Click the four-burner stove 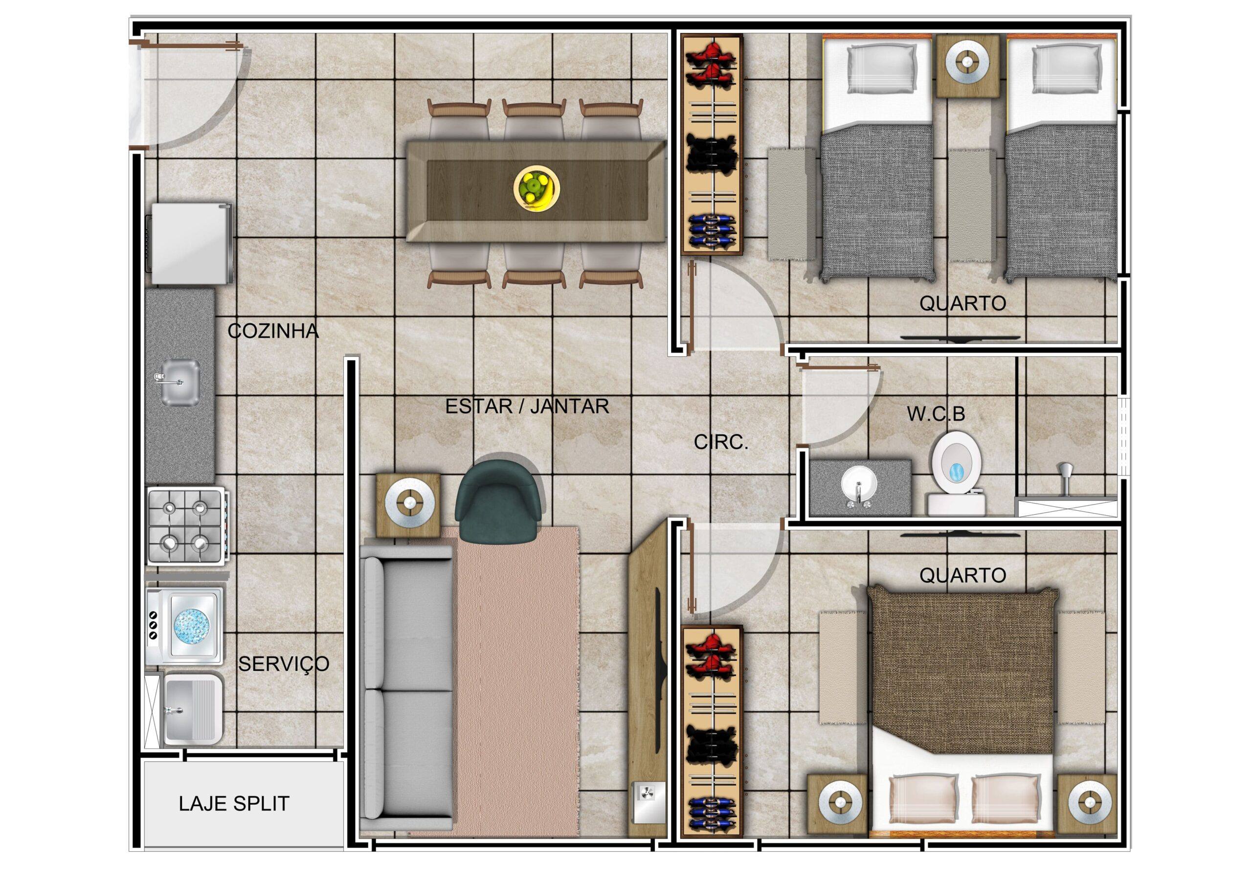[186, 525]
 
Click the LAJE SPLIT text [234, 804]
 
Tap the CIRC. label [721, 442]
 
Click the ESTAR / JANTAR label [527, 406]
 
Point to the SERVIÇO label [284, 663]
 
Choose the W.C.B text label [936, 414]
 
